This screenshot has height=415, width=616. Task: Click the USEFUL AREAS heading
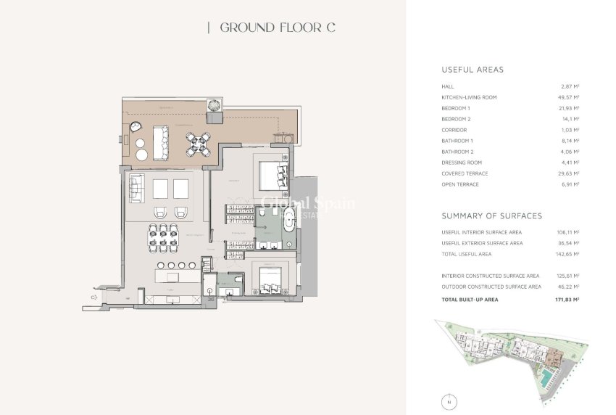(473, 70)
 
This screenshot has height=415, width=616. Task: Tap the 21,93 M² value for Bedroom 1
(570, 108)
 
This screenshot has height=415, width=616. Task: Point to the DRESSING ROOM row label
(462, 163)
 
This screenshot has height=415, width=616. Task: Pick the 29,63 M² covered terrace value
(570, 173)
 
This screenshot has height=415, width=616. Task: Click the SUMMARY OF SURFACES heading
(491, 216)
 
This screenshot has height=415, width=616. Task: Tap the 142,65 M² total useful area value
(568, 254)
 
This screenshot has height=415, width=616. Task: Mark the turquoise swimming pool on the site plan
(542, 377)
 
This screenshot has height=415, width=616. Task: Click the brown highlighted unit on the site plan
(554, 357)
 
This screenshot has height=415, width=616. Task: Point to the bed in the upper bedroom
(274, 175)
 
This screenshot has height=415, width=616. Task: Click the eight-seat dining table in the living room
(168, 236)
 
